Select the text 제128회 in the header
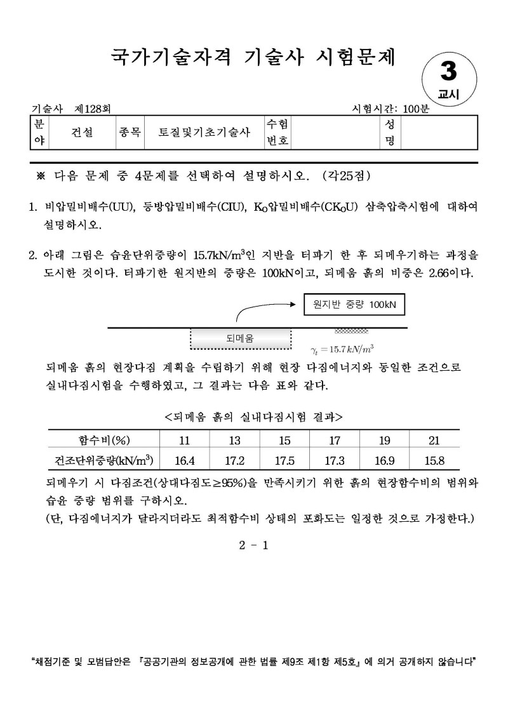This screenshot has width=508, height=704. coord(91,109)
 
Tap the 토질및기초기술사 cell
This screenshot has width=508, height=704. coord(203,132)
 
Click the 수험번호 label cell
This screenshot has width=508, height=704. coord(277,132)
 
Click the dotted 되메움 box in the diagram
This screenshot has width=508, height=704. coord(240,339)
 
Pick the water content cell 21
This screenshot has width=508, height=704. coord(435,441)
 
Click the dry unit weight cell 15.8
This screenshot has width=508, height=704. coord(435,459)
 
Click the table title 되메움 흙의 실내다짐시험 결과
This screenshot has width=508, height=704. coord(253,417)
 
